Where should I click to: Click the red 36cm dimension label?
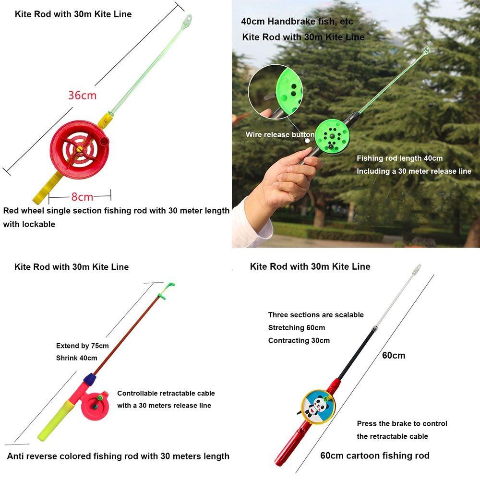tap(82, 95)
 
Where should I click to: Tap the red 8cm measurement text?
tap(83, 197)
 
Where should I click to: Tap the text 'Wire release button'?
tap(280, 135)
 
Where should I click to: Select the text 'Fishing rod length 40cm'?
tap(399, 158)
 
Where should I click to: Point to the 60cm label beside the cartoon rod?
tap(394, 356)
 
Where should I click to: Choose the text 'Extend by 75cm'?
tap(83, 346)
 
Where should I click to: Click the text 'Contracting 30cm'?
tap(299, 341)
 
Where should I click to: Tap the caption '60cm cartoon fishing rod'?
tap(375, 456)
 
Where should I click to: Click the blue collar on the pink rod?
tap(88, 379)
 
